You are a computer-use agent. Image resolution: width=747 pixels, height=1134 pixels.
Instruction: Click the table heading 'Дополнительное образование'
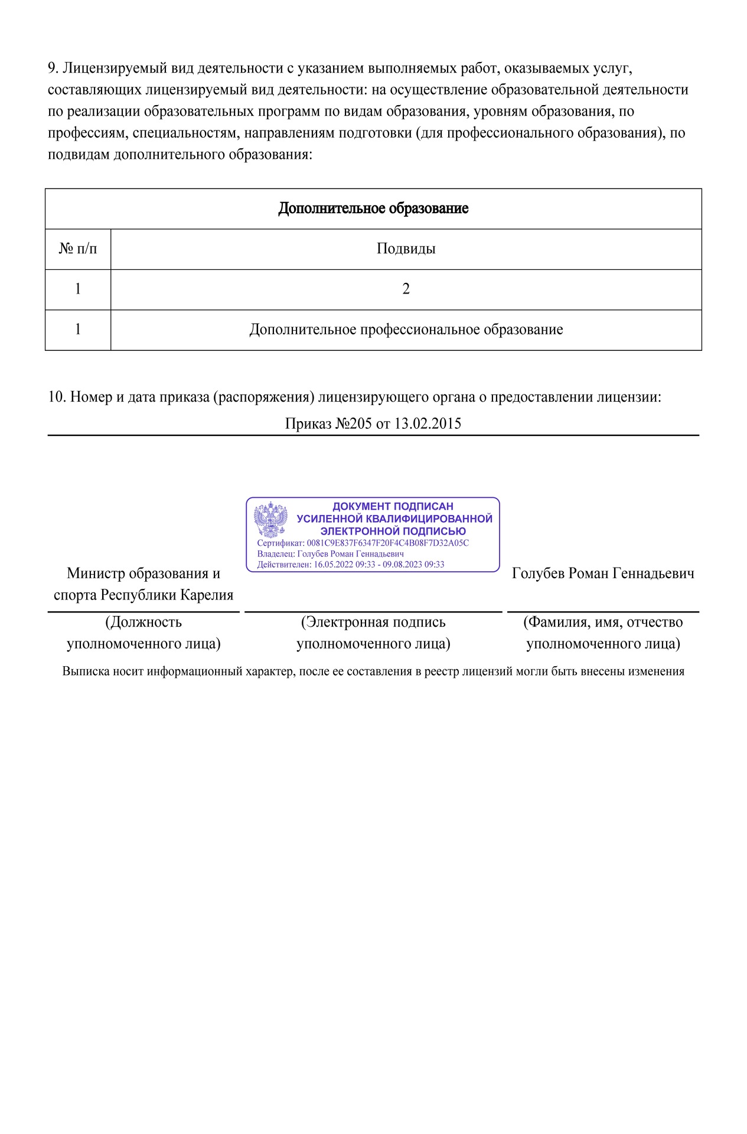[373, 208]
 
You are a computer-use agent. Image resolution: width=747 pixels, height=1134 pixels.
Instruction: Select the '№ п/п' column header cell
[78, 249]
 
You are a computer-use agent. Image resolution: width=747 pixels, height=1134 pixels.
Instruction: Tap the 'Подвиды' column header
[406, 249]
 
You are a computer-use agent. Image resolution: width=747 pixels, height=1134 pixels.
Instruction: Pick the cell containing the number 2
[406, 289]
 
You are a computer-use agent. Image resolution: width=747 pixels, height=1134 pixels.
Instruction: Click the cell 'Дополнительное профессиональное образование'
[406, 330]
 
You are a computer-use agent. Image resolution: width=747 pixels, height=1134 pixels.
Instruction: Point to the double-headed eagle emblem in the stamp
[270, 520]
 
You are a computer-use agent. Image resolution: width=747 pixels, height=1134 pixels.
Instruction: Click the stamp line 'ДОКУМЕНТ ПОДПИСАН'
[393, 506]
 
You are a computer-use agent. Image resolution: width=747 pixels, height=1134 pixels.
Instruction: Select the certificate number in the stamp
[387, 543]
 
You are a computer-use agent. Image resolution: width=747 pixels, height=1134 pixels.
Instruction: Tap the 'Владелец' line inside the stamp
[330, 554]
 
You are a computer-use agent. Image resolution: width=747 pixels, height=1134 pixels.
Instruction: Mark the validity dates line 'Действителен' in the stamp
[350, 565]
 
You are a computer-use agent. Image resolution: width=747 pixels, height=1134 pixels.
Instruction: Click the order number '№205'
[353, 423]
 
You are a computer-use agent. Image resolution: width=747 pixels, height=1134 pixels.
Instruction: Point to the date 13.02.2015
[428, 423]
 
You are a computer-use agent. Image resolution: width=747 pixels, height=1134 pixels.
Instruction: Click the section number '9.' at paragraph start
[53, 69]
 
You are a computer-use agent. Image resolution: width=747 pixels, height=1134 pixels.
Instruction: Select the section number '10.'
[57, 397]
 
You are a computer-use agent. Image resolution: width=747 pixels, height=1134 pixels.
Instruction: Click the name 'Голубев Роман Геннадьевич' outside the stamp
[603, 573]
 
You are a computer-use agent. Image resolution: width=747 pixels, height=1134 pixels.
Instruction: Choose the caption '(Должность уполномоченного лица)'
[143, 633]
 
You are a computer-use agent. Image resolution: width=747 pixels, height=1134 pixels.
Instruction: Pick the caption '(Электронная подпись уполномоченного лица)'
[373, 633]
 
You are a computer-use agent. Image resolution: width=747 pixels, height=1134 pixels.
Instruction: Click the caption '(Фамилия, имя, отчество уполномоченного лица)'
[603, 633]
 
